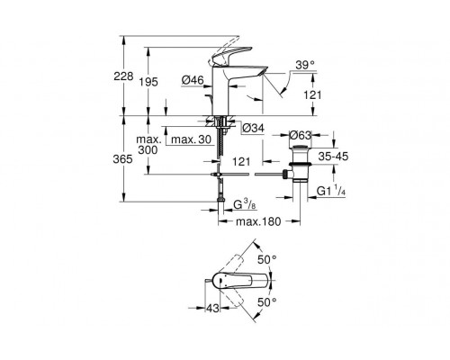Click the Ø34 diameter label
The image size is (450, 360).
click(x=253, y=129)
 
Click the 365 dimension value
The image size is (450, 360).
click(x=130, y=158)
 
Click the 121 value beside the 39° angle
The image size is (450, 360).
click(x=310, y=94)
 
